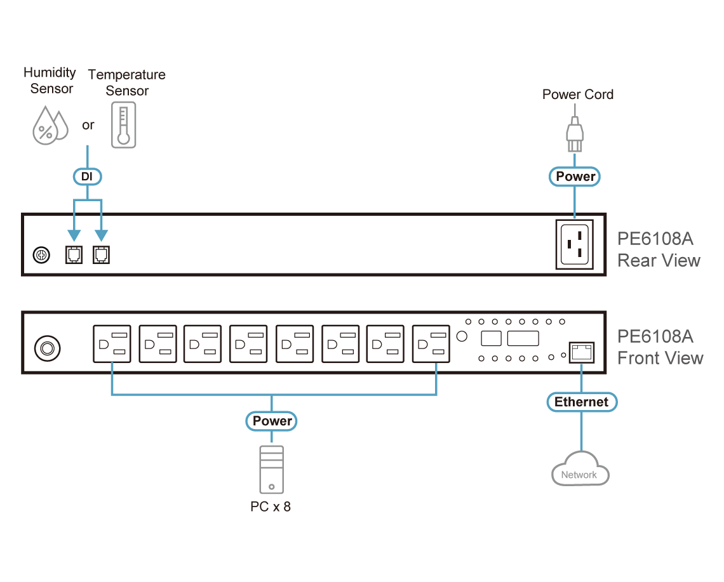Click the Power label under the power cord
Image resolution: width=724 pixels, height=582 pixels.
(x=575, y=176)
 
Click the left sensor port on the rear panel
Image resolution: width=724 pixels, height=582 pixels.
(x=74, y=255)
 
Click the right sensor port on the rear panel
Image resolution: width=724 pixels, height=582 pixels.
(x=101, y=255)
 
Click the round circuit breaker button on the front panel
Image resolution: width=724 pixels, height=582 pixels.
(x=46, y=348)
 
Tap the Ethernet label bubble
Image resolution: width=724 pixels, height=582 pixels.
(x=582, y=402)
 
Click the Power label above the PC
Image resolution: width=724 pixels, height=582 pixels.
(x=272, y=421)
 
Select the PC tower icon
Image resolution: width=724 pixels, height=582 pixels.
(x=272, y=470)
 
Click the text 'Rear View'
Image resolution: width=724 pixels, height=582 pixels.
(x=659, y=260)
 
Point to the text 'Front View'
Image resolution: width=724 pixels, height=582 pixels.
(x=660, y=358)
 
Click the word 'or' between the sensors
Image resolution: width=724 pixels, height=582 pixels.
(x=88, y=125)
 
